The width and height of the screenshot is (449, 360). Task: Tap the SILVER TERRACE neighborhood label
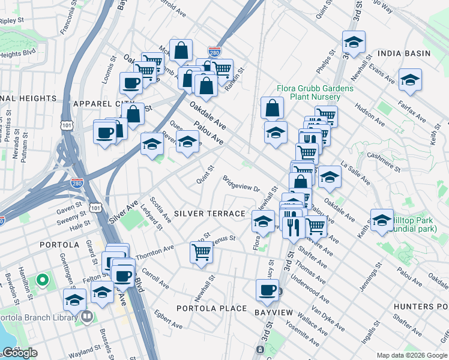pos(209,214)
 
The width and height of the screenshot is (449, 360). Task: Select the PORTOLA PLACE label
pos(211,308)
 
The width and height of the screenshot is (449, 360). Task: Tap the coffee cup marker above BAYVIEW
pos(267,290)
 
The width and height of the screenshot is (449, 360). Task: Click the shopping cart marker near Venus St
pos(202,251)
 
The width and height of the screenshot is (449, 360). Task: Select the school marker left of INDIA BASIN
pos(354,42)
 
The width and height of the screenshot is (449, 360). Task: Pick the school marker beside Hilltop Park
pos(382,220)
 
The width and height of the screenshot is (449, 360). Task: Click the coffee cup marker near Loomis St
pos(130,83)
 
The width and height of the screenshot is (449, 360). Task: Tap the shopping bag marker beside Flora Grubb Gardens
pos(272,109)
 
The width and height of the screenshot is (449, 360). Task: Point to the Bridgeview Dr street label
pos(241,184)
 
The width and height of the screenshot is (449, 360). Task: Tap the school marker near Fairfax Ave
pos(410,80)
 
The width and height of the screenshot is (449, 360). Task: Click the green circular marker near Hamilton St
pos(42,280)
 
